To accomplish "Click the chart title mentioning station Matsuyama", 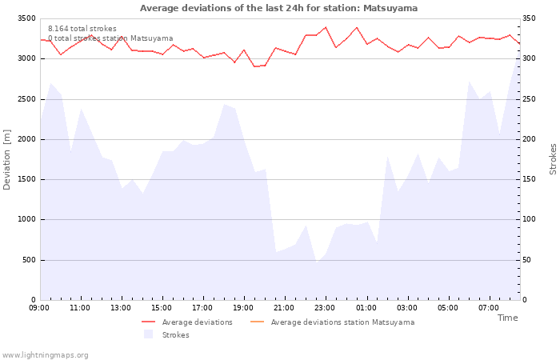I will click(x=278, y=8).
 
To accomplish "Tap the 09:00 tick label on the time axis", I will click(x=39, y=307).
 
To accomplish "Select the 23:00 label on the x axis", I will click(x=325, y=307).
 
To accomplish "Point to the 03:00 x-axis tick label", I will click(x=406, y=307).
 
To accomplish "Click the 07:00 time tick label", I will click(x=488, y=307).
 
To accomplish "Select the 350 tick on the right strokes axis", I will click(x=530, y=18).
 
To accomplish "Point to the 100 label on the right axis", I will click(x=530, y=219).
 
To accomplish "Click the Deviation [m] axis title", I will click(x=7, y=158).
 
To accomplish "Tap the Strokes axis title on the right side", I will click(x=553, y=158).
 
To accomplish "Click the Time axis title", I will click(x=507, y=318).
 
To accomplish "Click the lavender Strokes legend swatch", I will click(x=148, y=334).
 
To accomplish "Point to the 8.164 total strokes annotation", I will click(x=82, y=29).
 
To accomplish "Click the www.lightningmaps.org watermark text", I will click(x=45, y=354).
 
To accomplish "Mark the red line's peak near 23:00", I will click(x=326, y=27).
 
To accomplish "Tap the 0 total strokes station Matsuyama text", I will click(x=110, y=38).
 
